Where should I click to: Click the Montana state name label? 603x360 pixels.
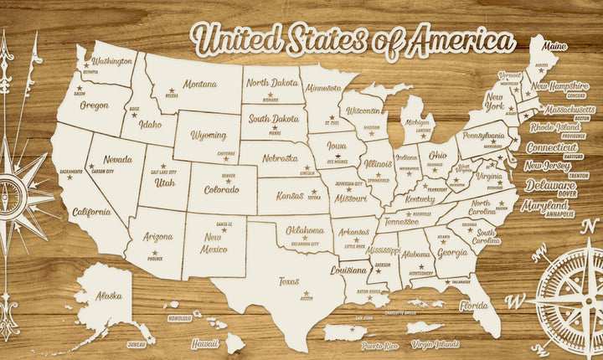click(x=200, y=84)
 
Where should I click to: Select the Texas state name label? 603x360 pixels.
click(x=289, y=281)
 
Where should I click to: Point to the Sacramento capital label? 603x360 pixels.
click(x=71, y=172)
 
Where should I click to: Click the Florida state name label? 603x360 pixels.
click(x=474, y=306)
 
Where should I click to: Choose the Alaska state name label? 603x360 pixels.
click(x=108, y=295)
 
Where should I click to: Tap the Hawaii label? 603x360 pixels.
click(x=204, y=343)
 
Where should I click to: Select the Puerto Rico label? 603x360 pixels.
click(x=379, y=345)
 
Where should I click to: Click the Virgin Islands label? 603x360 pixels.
click(x=435, y=344)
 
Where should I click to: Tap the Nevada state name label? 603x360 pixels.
click(x=117, y=159)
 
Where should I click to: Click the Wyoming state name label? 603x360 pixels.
click(x=209, y=135)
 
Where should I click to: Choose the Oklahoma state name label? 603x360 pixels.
click(x=306, y=230)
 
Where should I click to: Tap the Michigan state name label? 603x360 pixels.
click(x=420, y=123)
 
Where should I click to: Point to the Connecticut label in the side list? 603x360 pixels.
click(x=552, y=147)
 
